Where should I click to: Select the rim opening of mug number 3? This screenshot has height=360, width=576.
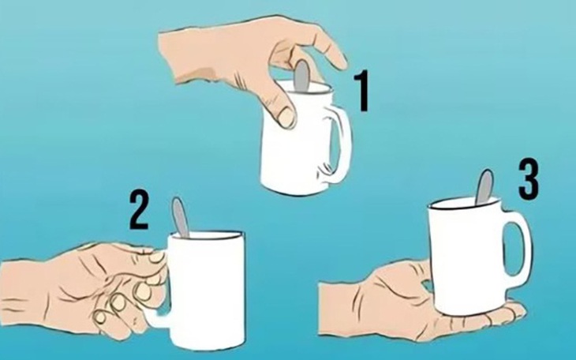466,204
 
